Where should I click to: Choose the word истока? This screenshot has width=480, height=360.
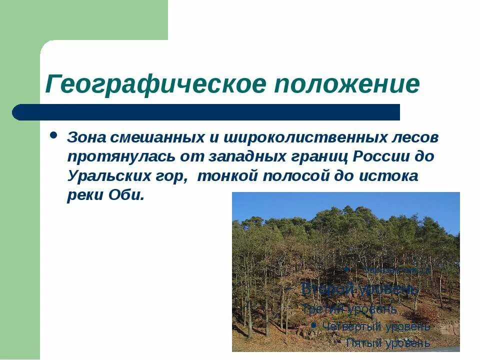(388, 176)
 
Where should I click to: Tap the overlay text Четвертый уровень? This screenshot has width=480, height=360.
(376, 326)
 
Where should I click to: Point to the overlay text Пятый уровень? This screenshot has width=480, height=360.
(387, 343)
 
